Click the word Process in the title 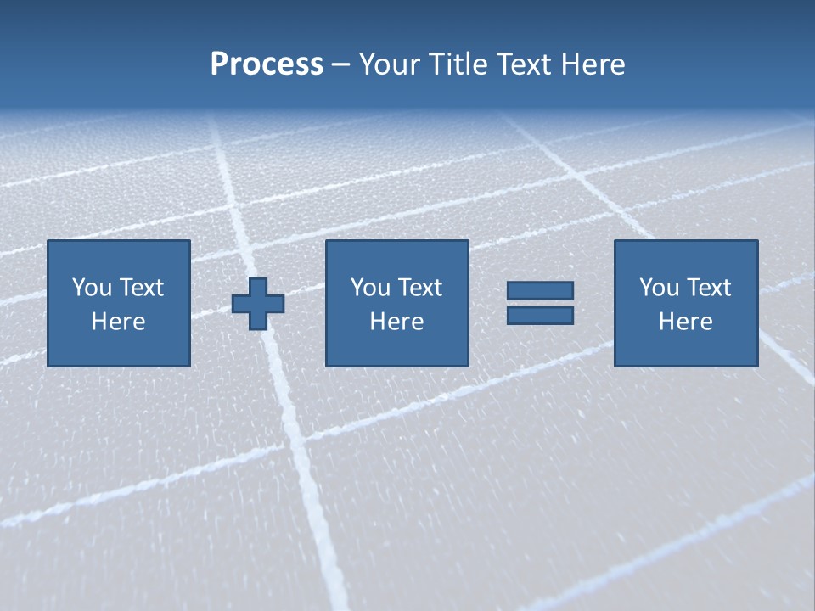(x=267, y=64)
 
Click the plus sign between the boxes (x=258, y=303)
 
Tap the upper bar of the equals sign (x=540, y=290)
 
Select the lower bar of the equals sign (x=540, y=316)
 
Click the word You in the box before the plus (x=91, y=288)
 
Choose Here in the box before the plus (x=119, y=322)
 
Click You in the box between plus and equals (x=369, y=288)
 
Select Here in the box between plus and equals (x=397, y=322)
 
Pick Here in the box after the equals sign (x=686, y=322)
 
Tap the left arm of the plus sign (x=240, y=303)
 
